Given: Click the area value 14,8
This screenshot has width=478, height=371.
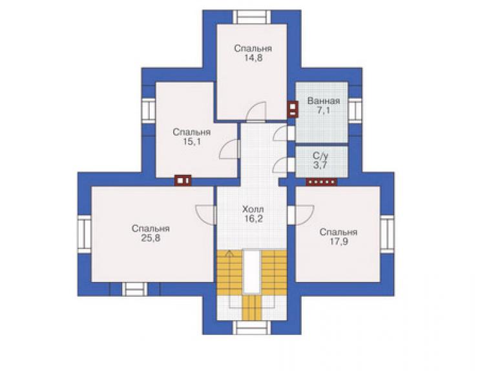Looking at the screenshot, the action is (253, 58).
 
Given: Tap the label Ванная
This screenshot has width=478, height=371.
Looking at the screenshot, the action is (324, 101).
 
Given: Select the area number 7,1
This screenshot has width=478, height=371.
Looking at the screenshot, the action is (323, 110).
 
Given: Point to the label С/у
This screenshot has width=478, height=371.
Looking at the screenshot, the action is (321, 156).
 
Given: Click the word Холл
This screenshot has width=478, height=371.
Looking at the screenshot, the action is (253, 209).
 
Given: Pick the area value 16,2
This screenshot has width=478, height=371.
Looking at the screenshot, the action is (253, 219).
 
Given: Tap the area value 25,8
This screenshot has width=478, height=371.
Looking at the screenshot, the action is (151, 238).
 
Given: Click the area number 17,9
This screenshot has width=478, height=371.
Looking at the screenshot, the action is (338, 241).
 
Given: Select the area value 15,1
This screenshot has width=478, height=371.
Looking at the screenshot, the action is (191, 142).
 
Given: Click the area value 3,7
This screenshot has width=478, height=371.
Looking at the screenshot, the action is (320, 165).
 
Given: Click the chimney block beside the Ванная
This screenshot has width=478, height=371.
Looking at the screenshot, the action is (293, 109).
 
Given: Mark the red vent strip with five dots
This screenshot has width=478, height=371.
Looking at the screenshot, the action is (322, 182).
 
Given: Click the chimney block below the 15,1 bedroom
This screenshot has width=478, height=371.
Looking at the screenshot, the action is (183, 181).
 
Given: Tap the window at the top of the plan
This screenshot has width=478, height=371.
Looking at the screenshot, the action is (252, 17).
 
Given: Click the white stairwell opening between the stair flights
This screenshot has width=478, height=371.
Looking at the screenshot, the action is (252, 272).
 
